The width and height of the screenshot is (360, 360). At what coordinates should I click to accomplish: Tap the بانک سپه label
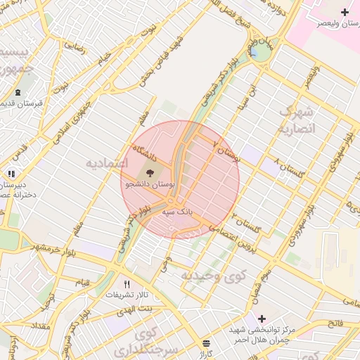(177, 210)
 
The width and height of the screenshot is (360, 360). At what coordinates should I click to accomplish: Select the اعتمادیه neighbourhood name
(105, 163)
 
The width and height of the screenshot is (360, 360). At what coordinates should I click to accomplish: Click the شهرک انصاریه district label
(298, 120)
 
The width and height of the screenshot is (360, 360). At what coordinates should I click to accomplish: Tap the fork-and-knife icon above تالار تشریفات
(127, 284)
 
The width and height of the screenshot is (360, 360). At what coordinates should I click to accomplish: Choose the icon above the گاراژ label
(206, 344)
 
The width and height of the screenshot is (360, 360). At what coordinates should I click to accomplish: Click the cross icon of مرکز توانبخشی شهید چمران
(262, 319)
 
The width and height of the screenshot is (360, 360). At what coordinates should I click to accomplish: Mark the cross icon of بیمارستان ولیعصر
(345, 13)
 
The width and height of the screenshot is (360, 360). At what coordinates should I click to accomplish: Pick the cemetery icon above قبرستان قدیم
(18, 92)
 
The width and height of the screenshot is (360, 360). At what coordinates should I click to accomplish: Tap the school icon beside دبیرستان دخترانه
(11, 174)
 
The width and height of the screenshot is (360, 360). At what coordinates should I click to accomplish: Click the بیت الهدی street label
(136, 309)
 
